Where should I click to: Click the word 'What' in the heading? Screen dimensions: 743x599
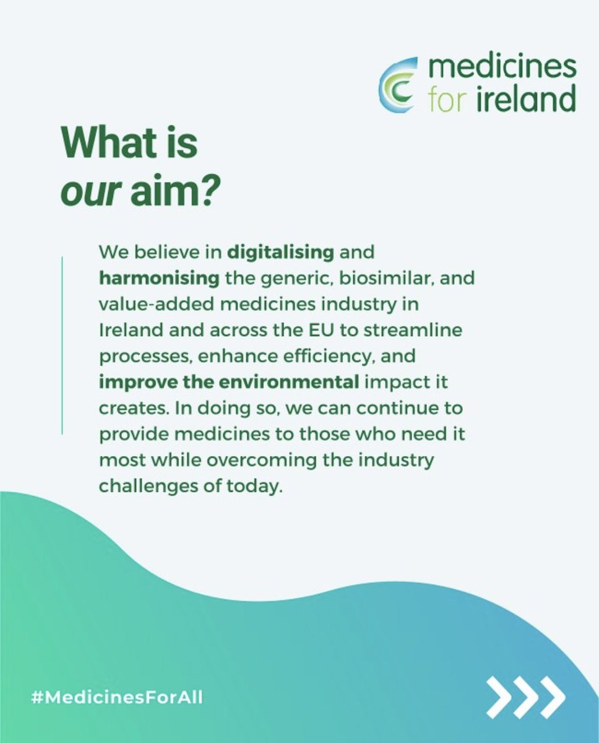(x=103, y=144)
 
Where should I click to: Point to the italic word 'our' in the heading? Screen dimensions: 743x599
(x=88, y=193)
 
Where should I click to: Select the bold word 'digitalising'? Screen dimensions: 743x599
(x=281, y=253)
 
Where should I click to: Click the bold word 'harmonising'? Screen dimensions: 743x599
(x=159, y=279)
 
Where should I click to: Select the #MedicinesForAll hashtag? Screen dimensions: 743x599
(x=117, y=698)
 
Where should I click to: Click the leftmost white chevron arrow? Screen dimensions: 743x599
(x=499, y=698)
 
